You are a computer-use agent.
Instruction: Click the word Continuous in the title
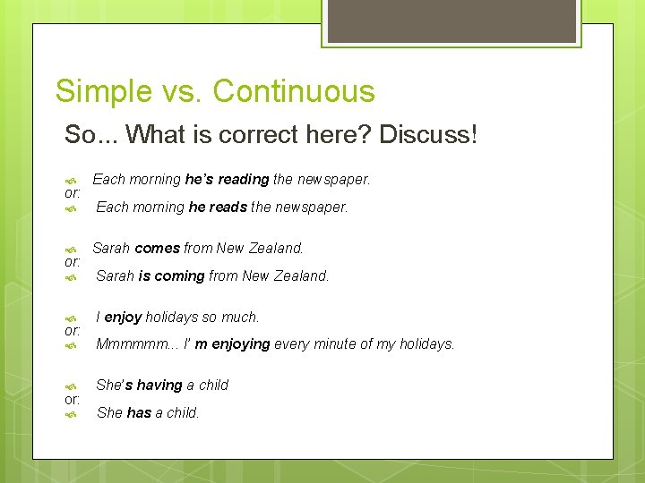click(294, 91)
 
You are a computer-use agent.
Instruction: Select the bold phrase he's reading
click(227, 179)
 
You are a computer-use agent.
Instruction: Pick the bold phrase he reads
click(218, 208)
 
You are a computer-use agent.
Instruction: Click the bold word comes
click(157, 248)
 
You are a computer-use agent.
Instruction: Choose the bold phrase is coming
click(171, 276)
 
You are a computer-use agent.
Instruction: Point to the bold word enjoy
click(124, 317)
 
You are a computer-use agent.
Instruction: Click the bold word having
click(159, 386)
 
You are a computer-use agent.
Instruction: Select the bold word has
click(139, 413)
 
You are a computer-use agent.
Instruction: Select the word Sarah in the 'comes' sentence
click(111, 248)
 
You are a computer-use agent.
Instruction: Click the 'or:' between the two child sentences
click(73, 399)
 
